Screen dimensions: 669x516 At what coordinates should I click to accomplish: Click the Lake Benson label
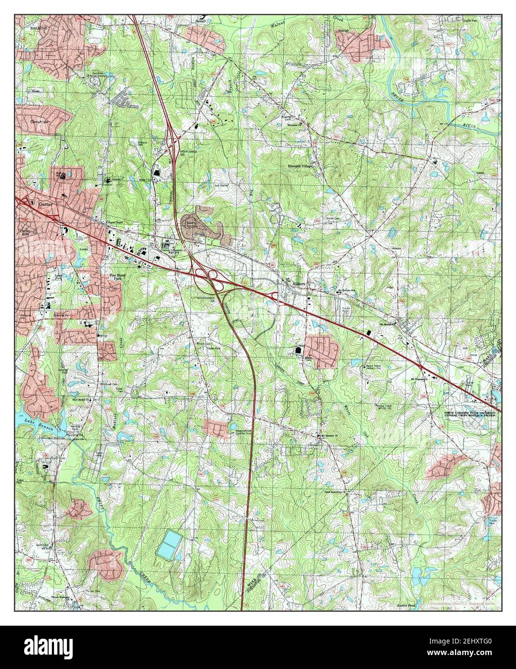(x=35, y=422)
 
